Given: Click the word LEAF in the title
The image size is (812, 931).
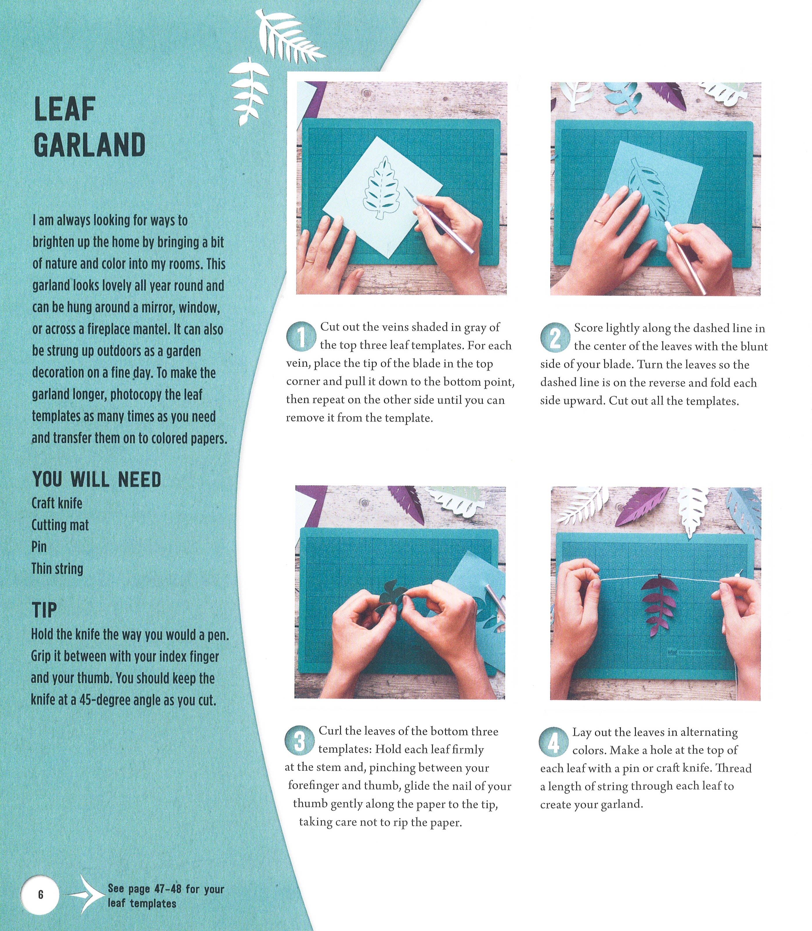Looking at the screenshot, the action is (x=65, y=109).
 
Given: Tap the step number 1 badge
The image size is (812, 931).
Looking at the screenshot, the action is (x=301, y=336).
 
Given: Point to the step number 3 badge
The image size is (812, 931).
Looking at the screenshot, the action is (x=299, y=740).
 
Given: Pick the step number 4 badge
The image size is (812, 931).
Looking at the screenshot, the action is (x=553, y=741).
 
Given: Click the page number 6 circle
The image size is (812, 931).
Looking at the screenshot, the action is (x=40, y=894).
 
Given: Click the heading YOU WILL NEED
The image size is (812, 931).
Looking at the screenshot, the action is (x=97, y=480).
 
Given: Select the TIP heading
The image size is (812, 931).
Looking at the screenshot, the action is (x=44, y=610).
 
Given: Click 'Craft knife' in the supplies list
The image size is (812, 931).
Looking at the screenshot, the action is (x=57, y=503).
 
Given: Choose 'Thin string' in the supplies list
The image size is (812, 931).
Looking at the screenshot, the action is (x=57, y=569).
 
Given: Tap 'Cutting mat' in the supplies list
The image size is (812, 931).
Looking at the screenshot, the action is (x=60, y=525).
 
